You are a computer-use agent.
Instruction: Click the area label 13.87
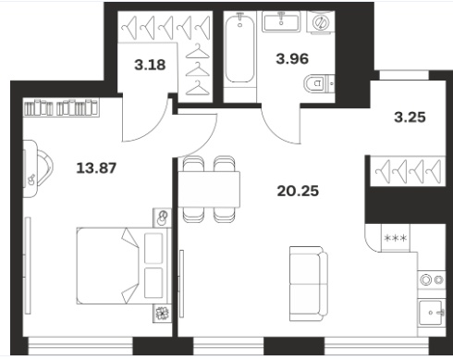coord(96,168)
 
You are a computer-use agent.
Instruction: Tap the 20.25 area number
coord(298,191)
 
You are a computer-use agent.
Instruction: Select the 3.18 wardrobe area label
coord(150,65)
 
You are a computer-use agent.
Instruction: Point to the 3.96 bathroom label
coord(292,58)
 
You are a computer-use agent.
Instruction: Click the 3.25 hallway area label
coord(410,118)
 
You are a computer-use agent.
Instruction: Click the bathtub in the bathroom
coord(239,48)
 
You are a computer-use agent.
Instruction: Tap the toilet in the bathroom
coord(319,83)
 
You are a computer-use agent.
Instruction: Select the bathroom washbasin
coord(281,21)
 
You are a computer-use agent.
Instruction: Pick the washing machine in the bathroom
coord(322,21)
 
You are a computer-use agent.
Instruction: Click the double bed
coord(124,266)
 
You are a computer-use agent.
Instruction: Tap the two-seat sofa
coord(309,283)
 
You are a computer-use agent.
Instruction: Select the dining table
coord(209,190)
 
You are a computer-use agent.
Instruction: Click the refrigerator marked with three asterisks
coord(396,238)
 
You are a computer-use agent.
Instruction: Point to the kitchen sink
coord(432,312)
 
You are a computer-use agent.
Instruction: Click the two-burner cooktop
coord(432,279)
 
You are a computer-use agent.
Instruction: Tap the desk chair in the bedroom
coord(44,168)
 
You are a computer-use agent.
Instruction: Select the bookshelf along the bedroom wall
coord(62,107)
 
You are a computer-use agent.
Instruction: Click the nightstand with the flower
coord(162,314)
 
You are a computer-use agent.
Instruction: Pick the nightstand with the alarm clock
coord(162,218)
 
